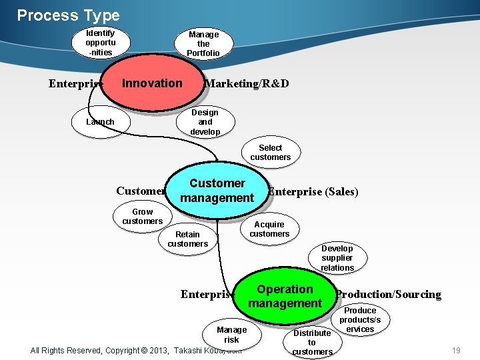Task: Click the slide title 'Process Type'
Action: (68, 15)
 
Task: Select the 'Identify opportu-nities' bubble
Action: (100, 43)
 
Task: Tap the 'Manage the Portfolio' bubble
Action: (203, 44)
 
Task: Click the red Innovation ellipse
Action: (152, 83)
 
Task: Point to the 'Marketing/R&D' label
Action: (247, 84)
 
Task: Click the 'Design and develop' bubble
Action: (205, 122)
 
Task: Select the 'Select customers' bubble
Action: (270, 153)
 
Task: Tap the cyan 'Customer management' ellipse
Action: (217, 191)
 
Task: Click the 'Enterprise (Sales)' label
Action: (313, 192)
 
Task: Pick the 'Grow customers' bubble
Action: (142, 217)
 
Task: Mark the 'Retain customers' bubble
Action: (187, 239)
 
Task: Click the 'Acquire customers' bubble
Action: (269, 229)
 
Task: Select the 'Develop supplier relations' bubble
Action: (337, 258)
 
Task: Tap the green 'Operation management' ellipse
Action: (285, 297)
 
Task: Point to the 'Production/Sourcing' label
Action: (389, 295)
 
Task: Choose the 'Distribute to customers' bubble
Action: (312, 342)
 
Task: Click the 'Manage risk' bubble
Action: (231, 334)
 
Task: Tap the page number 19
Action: (456, 350)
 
